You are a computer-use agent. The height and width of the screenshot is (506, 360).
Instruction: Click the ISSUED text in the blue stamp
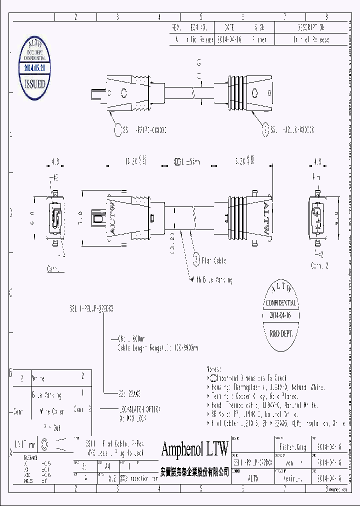click(34, 83)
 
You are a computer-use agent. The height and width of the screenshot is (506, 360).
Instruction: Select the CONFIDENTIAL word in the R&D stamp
click(281, 303)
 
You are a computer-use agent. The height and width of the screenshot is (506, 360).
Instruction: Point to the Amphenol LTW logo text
click(194, 448)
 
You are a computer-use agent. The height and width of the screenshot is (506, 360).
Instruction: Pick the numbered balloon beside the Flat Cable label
click(197, 260)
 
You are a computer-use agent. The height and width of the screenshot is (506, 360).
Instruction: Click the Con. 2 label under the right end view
click(319, 264)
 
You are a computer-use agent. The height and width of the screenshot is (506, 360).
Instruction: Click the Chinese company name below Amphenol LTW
click(194, 471)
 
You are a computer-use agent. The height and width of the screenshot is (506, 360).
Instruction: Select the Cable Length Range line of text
click(157, 347)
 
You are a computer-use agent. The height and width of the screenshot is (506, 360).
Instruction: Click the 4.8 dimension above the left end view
click(55, 162)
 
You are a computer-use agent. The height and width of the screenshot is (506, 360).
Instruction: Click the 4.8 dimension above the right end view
click(317, 162)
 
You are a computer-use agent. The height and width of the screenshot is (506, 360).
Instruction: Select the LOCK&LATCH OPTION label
click(140, 409)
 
